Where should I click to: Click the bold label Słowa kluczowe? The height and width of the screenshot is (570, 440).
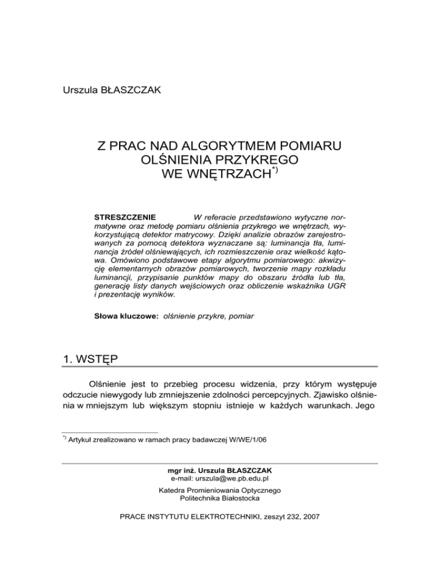coord(126,316)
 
